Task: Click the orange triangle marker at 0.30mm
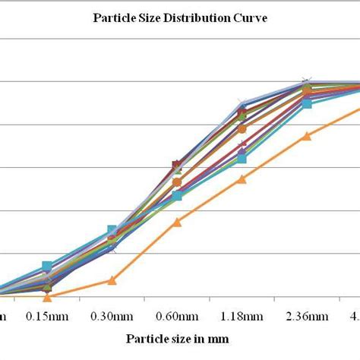point(112,280)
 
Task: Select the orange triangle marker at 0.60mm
point(177,222)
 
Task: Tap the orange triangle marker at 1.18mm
point(242,179)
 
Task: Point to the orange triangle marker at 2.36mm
point(307,136)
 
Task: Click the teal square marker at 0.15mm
point(47,267)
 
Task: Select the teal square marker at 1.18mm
point(242,158)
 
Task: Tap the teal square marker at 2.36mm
point(307,103)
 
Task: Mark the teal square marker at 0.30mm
point(112,230)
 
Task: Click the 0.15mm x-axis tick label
point(47,315)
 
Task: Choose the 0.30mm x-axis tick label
point(112,315)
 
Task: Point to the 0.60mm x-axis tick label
point(177,315)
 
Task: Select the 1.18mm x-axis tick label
point(242,315)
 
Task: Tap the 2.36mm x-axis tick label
point(307,315)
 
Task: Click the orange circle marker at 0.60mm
point(177,182)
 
